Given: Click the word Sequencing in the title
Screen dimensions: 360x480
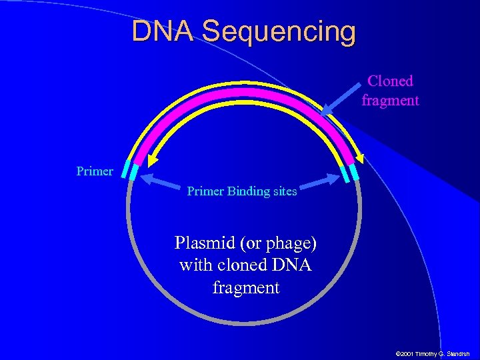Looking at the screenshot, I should coord(279,32).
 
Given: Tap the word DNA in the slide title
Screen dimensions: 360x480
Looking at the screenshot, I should coord(163,31).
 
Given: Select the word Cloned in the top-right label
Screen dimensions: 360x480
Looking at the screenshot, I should coord(390,81).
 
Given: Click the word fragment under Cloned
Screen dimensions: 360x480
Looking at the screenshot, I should coord(390,101).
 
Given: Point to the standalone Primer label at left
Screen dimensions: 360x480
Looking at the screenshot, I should coord(95,171).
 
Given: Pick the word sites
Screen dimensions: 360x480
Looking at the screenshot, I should coord(285,191).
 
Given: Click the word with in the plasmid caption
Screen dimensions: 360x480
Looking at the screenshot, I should coord(195,265).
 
